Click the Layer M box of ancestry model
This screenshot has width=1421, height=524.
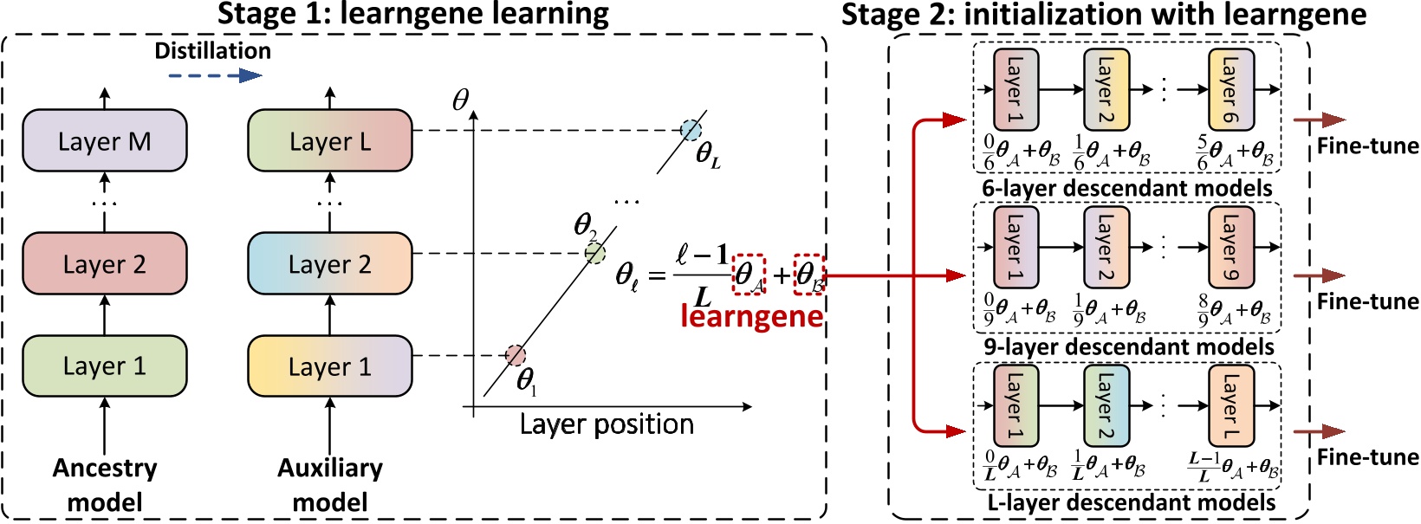[x=105, y=140]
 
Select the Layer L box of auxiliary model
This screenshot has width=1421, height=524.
[x=329, y=140]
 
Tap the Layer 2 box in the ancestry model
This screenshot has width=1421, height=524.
[x=105, y=263]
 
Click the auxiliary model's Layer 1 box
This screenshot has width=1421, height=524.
[x=329, y=366]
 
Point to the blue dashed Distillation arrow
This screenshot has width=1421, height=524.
[x=214, y=75]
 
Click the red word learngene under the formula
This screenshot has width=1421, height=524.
[x=751, y=315]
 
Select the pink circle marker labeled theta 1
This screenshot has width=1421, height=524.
[x=516, y=355]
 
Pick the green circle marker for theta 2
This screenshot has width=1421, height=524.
[x=594, y=253]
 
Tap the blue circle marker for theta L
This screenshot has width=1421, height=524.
[x=691, y=130]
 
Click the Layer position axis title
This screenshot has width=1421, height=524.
[x=607, y=424]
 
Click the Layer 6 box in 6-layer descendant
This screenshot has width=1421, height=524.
[x=1230, y=89]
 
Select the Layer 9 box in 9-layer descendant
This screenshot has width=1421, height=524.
[x=1230, y=247]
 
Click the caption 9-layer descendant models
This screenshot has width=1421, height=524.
[x=1128, y=346]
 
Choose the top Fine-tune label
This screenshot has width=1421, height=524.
[x=1367, y=146]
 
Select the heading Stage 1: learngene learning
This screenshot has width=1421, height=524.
[x=412, y=14]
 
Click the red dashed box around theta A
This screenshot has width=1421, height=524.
[x=749, y=275]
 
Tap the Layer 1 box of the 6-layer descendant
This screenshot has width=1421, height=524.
[x=1015, y=89]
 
